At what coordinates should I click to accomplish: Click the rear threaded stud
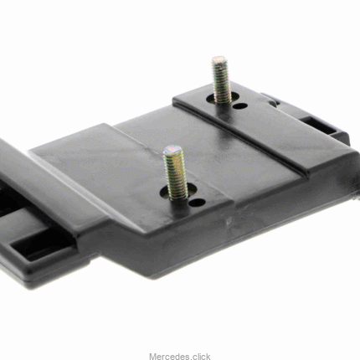(x=221, y=80)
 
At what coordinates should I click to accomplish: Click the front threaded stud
(x=175, y=172)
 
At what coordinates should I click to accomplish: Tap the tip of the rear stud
(x=219, y=59)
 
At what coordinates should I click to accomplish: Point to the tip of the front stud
(x=172, y=148)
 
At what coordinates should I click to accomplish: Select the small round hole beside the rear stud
(x=239, y=105)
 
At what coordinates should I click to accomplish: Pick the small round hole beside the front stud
(x=197, y=203)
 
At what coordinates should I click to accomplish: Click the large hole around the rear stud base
(x=223, y=97)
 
